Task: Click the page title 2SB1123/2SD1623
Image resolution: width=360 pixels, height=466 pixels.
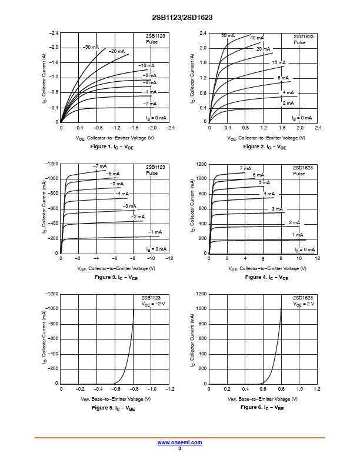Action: [x=180, y=18]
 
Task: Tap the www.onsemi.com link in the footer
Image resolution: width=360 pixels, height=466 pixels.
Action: [x=180, y=442]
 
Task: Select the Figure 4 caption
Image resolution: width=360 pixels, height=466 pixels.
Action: [x=266, y=277]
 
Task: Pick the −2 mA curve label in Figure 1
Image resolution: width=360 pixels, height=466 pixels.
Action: [x=149, y=104]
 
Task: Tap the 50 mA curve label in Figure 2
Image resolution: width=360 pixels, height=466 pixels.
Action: [x=228, y=35]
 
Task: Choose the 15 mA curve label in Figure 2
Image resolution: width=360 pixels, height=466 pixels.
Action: [x=278, y=62]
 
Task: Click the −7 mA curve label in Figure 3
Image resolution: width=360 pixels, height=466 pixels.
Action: [x=99, y=166]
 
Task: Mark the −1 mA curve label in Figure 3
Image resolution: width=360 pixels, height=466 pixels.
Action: [x=155, y=232]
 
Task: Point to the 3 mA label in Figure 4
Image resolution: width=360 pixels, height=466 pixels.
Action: [x=277, y=209]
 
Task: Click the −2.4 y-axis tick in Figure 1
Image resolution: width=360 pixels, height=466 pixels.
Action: [x=54, y=32]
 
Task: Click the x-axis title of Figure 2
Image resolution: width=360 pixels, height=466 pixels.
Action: [x=266, y=138]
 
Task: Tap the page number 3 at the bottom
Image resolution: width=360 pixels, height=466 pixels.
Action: [x=179, y=448]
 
